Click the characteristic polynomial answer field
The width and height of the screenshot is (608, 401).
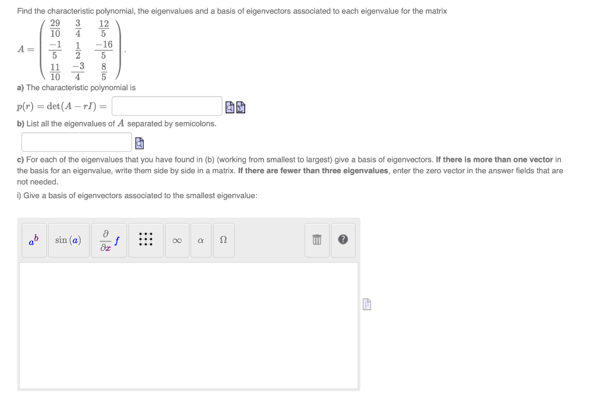pos(167,106)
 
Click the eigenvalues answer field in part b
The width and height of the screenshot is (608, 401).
pos(77,142)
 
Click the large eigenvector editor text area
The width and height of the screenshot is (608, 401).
pos(189,326)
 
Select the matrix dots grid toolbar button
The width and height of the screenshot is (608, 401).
pos(146,240)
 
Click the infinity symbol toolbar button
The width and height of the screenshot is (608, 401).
pos(176,240)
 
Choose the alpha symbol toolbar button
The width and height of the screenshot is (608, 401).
pos(201,240)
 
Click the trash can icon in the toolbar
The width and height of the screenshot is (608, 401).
pos(317,240)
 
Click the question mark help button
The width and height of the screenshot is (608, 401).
pos(343,240)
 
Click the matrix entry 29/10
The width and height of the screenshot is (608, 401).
pos(55,28)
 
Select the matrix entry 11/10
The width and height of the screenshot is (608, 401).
pos(55,71)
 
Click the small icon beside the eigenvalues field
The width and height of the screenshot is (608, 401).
pos(139,143)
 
